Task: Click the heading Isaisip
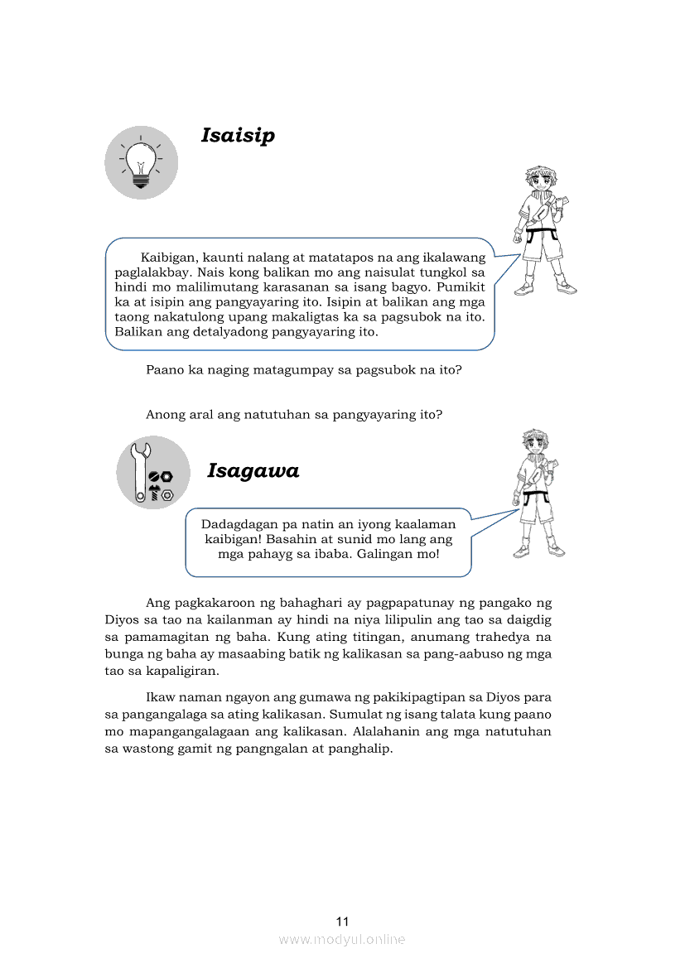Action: pos(238,135)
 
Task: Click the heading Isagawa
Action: pos(253,471)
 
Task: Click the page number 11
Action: pos(343,922)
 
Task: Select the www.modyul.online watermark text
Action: pos(342,939)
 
